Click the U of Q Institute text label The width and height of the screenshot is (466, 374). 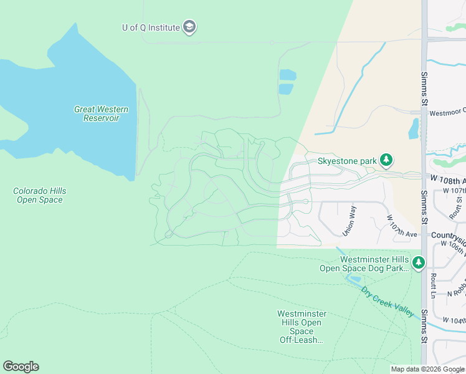(151, 27)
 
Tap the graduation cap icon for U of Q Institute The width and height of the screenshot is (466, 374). (190, 27)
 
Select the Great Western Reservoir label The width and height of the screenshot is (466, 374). (101, 113)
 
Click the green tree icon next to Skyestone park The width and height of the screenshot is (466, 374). (387, 161)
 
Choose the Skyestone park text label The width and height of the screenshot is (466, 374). (347, 161)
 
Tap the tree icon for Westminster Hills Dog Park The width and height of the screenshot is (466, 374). (419, 263)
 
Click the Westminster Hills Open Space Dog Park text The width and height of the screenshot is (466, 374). (364, 264)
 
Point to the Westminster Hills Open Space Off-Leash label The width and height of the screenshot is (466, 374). (301, 327)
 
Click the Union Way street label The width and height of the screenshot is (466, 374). (348, 221)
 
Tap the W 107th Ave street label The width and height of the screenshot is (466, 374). (401, 226)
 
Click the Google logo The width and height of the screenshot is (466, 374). (21, 366)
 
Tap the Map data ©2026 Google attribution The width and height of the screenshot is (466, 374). (427, 369)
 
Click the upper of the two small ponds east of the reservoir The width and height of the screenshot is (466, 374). (287, 75)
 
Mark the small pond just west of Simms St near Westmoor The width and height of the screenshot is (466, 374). (414, 128)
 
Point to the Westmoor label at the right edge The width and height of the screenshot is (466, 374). (447, 113)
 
